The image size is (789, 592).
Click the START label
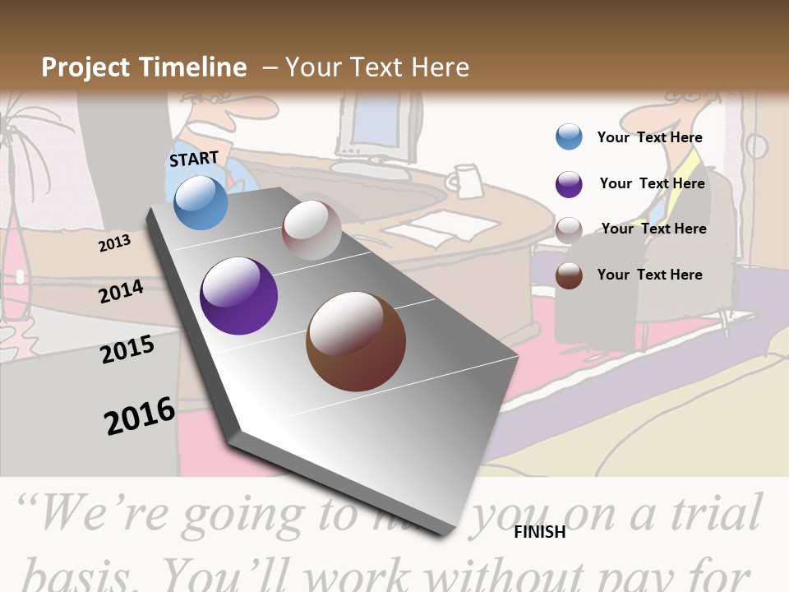[194, 158]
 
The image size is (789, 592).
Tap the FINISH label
[540, 532]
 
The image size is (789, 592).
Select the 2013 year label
[114, 243]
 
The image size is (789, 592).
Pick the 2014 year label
[121, 292]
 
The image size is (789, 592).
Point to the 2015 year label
[127, 349]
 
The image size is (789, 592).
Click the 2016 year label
[140, 415]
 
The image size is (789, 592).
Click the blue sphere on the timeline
[201, 202]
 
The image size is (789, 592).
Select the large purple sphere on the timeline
[238, 296]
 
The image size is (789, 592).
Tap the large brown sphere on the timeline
[356, 341]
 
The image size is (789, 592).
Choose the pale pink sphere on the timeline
[311, 230]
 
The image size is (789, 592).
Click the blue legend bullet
[569, 137]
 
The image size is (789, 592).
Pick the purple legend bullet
[569, 184]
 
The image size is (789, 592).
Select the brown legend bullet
[569, 275]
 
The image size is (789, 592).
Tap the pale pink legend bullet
[569, 229]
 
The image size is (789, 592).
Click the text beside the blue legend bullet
[650, 137]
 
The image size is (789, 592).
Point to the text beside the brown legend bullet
[650, 275]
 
